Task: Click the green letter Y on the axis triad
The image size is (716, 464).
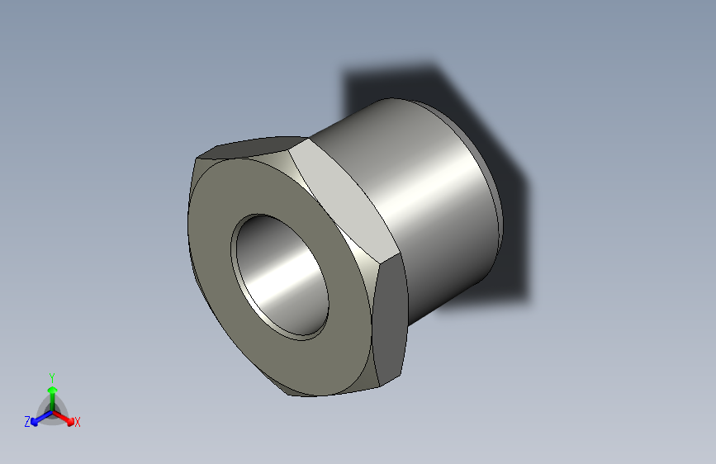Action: pyautogui.click(x=52, y=378)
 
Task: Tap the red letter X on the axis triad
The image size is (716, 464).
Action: pyautogui.click(x=77, y=422)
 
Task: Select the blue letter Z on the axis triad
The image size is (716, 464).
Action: pyautogui.click(x=27, y=422)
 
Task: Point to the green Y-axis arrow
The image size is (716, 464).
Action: pyautogui.click(x=53, y=399)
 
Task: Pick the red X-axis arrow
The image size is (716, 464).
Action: pyautogui.click(x=63, y=418)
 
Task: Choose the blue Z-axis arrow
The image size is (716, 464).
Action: pyautogui.click(x=41, y=419)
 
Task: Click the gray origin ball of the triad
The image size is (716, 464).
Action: pyautogui.click(x=53, y=412)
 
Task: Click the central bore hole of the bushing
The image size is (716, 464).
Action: pyautogui.click(x=280, y=277)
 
